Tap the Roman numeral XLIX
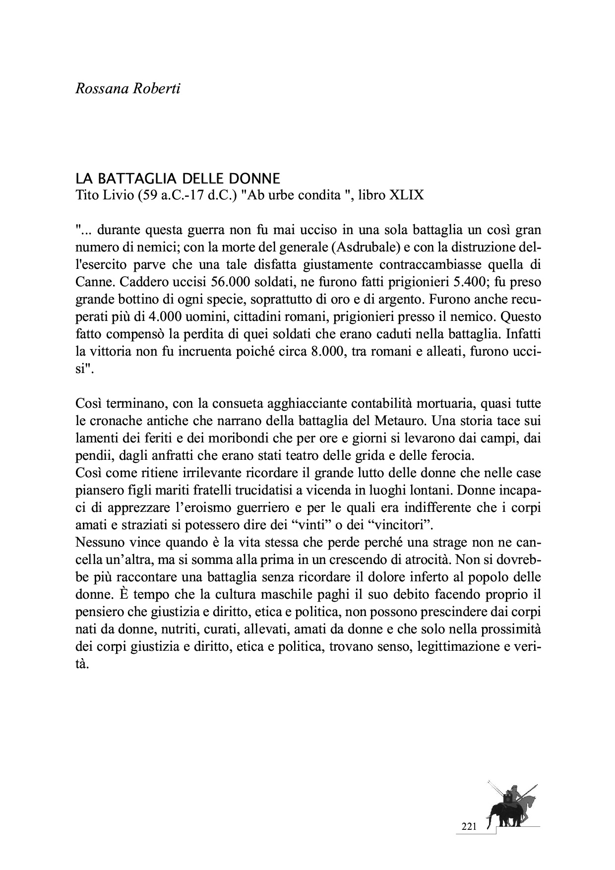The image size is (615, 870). (407, 195)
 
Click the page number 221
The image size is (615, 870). (469, 826)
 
